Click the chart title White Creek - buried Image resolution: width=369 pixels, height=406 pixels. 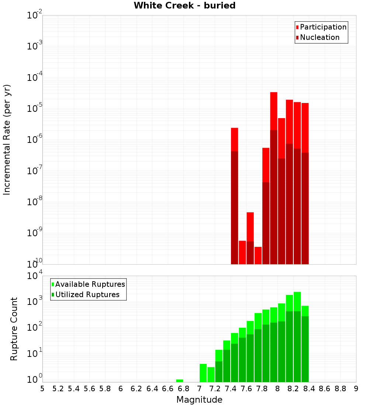(184, 6)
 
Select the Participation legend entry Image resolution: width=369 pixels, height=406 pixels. (323, 27)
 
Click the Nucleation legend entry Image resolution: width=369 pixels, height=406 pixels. (320, 37)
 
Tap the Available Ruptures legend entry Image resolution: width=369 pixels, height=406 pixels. (90, 284)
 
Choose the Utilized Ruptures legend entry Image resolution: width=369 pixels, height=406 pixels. (87, 295)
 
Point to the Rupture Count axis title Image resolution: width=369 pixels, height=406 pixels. (14, 329)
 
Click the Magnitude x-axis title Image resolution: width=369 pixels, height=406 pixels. (199, 400)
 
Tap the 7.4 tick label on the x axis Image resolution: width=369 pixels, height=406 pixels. (231, 389)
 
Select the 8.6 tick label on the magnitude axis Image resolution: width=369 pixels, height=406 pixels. (325, 389)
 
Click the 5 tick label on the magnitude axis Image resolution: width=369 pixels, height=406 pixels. (42, 389)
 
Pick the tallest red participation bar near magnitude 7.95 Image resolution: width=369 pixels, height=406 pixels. (274, 111)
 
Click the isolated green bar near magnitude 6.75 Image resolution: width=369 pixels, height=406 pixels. (180, 381)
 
